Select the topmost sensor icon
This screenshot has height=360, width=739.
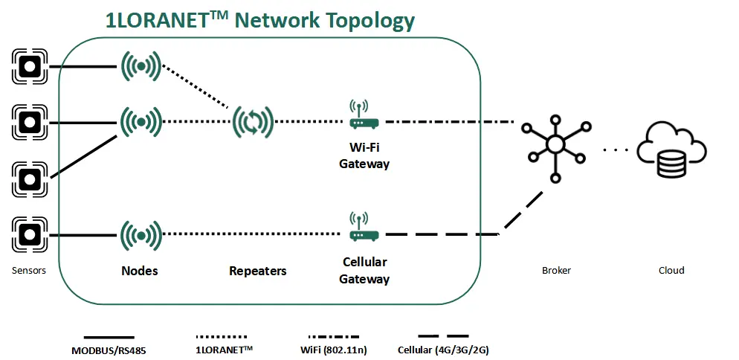pos(30,66)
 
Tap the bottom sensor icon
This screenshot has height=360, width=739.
pos(30,234)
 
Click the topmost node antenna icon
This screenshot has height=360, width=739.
pos(141,67)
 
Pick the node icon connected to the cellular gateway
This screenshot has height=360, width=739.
pos(141,234)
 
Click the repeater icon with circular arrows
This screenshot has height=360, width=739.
pos(253,121)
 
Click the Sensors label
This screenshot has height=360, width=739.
pos(29,271)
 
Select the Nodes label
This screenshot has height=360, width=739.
pos(140,271)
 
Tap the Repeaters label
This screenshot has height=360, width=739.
pos(257,271)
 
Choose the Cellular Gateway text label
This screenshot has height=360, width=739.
pos(364,271)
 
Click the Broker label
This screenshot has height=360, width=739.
pos(556,271)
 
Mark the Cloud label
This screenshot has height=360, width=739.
pos(671,271)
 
